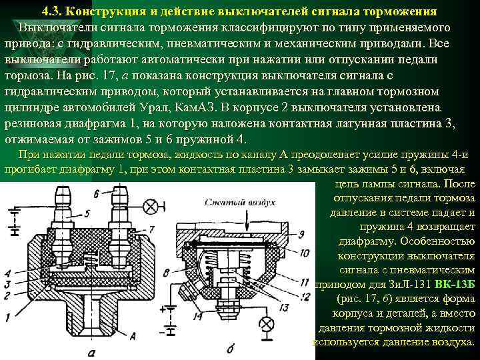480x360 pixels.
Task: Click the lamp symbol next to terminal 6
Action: [152, 202]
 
